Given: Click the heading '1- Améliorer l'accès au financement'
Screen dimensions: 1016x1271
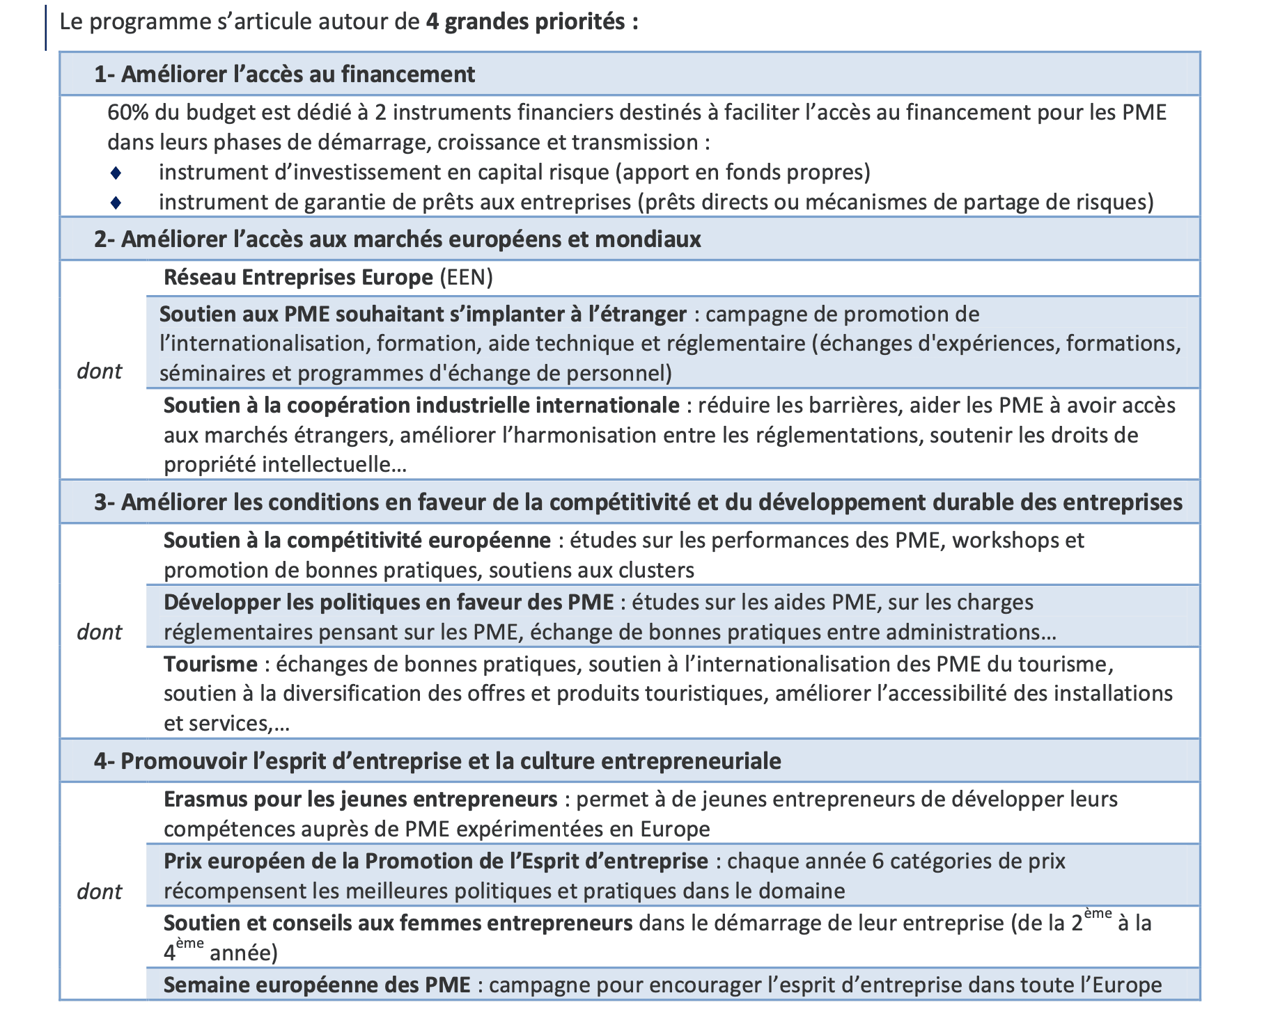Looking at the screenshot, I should pyautogui.click(x=284, y=74).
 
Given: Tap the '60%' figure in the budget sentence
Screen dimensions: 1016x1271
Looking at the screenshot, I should pyautogui.click(x=127, y=112).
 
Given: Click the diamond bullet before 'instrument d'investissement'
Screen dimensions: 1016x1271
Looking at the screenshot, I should pyautogui.click(x=116, y=172).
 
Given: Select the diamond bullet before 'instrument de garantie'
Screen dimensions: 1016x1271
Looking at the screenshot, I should pyautogui.click(x=116, y=203).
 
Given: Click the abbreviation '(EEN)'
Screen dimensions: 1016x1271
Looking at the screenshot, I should pyautogui.click(x=466, y=277).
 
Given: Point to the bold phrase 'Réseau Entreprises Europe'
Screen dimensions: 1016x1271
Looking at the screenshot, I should pyautogui.click(x=298, y=277).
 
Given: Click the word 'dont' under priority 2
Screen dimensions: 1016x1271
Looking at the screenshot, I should pyautogui.click(x=99, y=371).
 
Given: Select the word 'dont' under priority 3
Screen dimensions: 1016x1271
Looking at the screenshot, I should pyautogui.click(x=99, y=632).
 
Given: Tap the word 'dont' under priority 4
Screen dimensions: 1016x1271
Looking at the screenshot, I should pyautogui.click(x=99, y=891).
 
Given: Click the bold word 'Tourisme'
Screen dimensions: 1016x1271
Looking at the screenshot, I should pyautogui.click(x=210, y=664).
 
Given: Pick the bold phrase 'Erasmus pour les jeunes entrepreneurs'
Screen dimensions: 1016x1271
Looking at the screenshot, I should pyautogui.click(x=360, y=799).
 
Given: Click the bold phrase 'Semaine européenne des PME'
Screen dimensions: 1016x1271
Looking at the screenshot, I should pyautogui.click(x=317, y=985).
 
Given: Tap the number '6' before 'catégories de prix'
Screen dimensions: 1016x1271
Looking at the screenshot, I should pyautogui.click(x=878, y=861).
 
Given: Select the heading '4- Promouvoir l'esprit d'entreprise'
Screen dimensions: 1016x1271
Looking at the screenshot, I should pyautogui.click(x=437, y=761).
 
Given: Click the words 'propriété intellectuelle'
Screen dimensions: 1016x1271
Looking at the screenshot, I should pyautogui.click(x=285, y=464).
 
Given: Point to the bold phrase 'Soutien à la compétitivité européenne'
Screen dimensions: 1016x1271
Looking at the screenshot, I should pyautogui.click(x=357, y=540).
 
